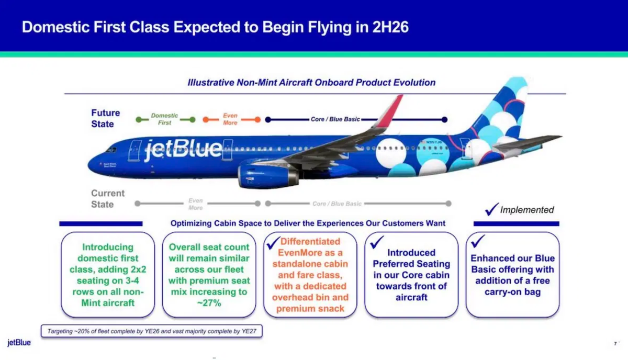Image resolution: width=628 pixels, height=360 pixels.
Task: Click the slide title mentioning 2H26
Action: [x=215, y=27]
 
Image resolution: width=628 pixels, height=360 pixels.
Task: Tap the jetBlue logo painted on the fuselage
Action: [x=183, y=149]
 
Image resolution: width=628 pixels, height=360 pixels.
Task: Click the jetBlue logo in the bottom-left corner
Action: [x=19, y=343]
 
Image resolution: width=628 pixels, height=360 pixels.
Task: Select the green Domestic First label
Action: [x=164, y=119]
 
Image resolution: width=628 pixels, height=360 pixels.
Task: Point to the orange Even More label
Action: [x=230, y=119]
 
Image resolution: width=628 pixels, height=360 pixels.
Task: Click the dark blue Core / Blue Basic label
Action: [x=335, y=119]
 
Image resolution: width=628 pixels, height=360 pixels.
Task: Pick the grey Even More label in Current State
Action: [x=195, y=204]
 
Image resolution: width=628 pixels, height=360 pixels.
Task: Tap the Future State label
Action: [x=105, y=118]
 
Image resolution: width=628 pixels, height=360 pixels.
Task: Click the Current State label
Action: [x=108, y=199]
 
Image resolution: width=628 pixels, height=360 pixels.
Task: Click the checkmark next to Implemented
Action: [x=491, y=209]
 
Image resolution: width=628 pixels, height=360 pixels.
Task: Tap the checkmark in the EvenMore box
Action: [x=274, y=243]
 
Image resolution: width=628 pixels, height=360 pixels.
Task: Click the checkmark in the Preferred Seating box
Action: [x=377, y=242]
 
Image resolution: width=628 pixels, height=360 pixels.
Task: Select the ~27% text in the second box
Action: [x=209, y=303]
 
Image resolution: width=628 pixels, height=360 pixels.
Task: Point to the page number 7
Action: [x=615, y=344]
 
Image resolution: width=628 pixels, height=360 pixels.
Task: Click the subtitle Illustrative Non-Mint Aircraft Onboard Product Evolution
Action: [x=311, y=83]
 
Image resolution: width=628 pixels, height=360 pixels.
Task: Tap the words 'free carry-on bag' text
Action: [x=512, y=286]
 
